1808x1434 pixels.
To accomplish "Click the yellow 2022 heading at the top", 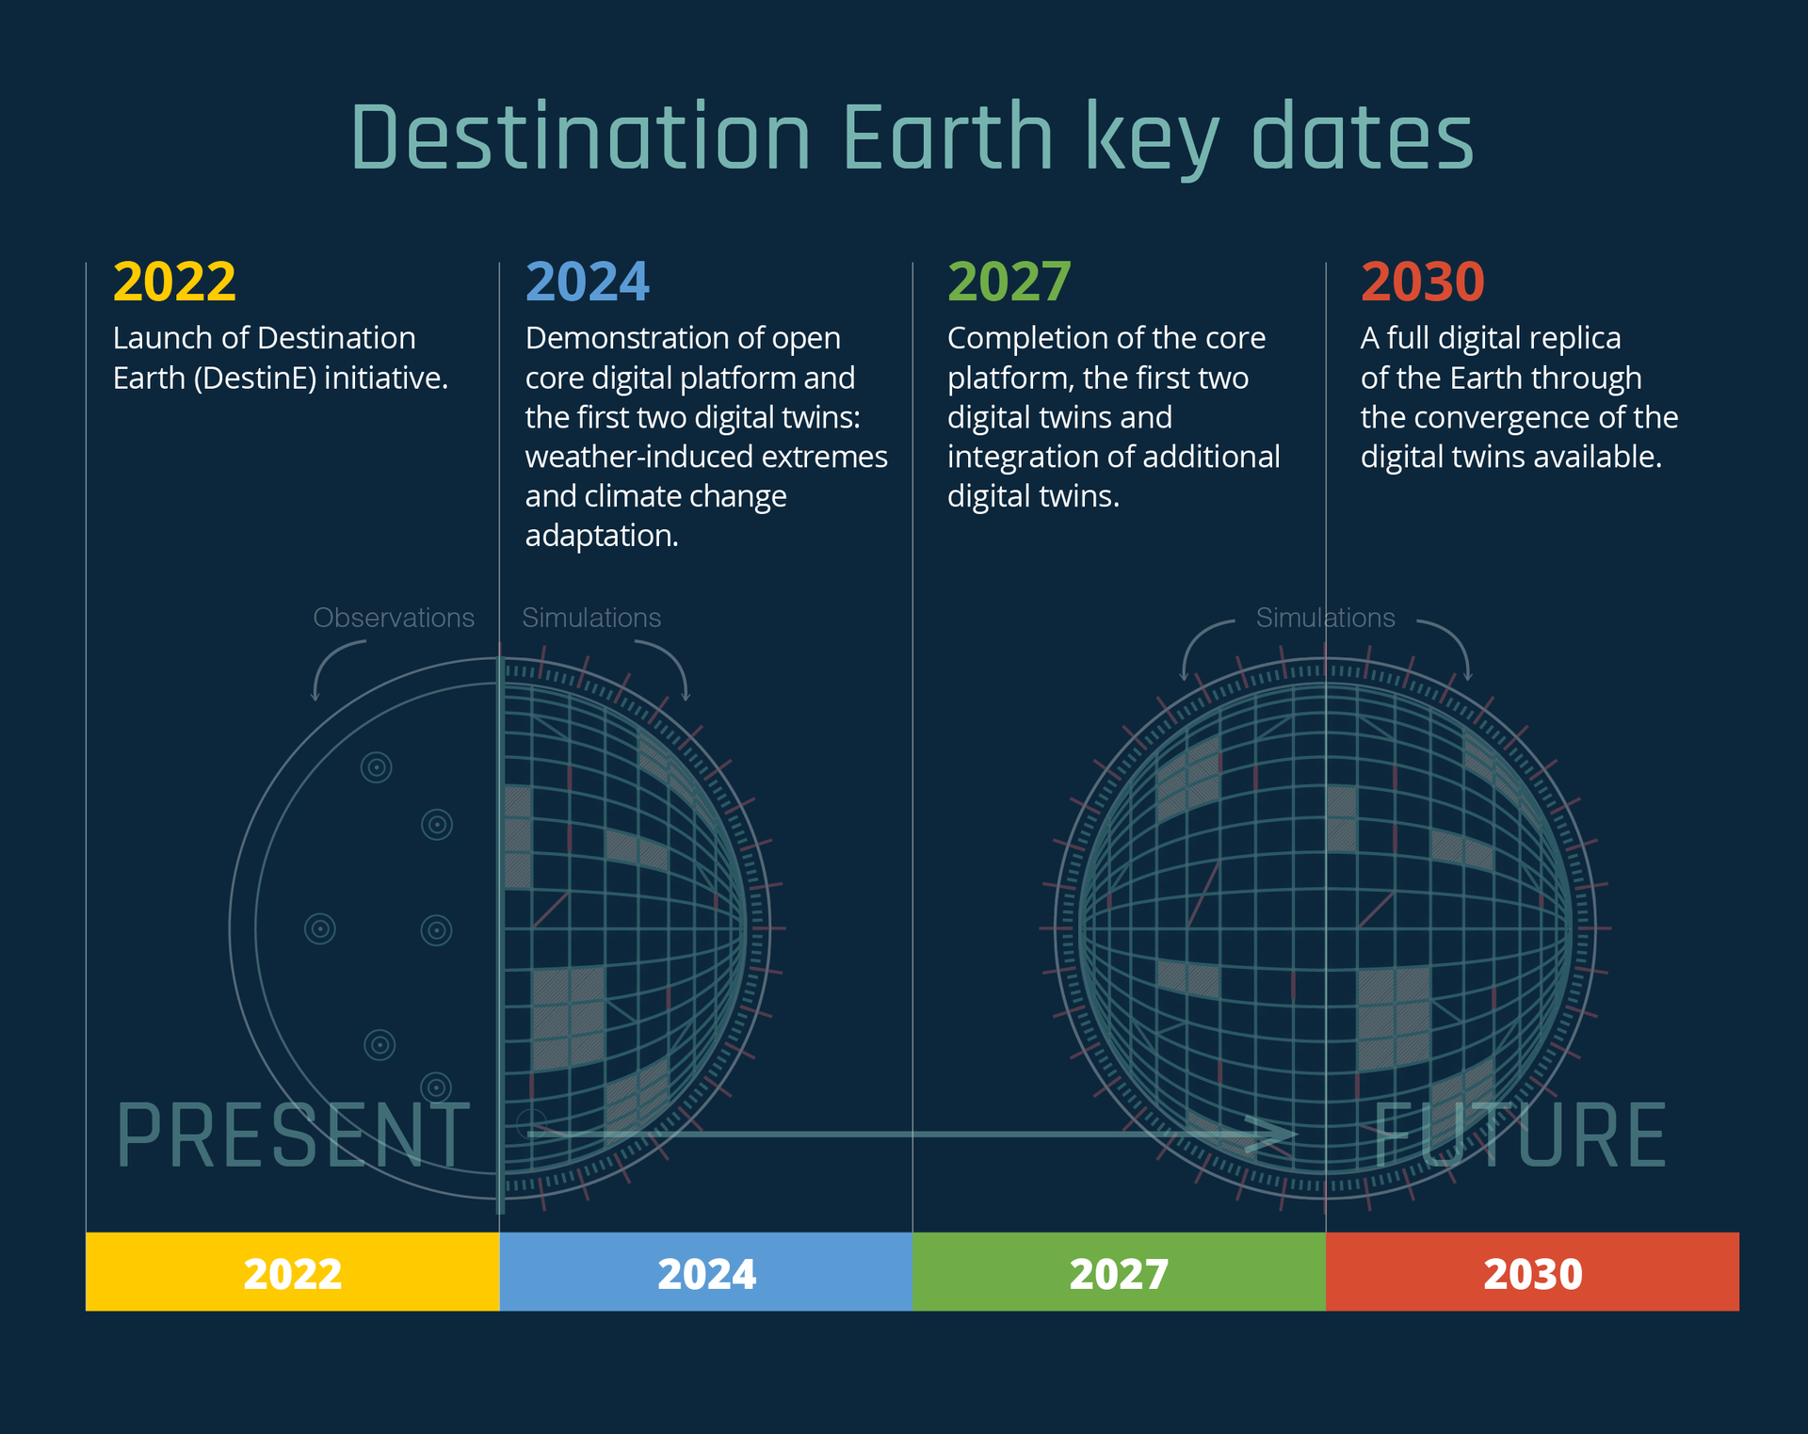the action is tap(174, 282).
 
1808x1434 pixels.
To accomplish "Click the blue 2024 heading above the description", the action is tap(588, 282).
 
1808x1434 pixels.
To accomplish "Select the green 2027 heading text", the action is tap(1009, 282).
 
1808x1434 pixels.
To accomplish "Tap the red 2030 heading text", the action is tap(1423, 282).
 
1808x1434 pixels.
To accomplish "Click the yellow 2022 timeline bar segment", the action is tap(292, 1271).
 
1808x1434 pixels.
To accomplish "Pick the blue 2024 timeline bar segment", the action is tap(705, 1271).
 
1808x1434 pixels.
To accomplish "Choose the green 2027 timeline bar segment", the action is tap(1119, 1271).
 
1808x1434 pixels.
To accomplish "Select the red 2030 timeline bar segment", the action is tap(1532, 1271).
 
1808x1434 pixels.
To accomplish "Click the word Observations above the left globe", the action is tap(394, 618).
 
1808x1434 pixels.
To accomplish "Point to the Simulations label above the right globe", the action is tap(1325, 618).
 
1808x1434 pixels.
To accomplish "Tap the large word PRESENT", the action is tap(293, 1136).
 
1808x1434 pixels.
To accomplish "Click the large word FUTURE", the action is tap(1519, 1136).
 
